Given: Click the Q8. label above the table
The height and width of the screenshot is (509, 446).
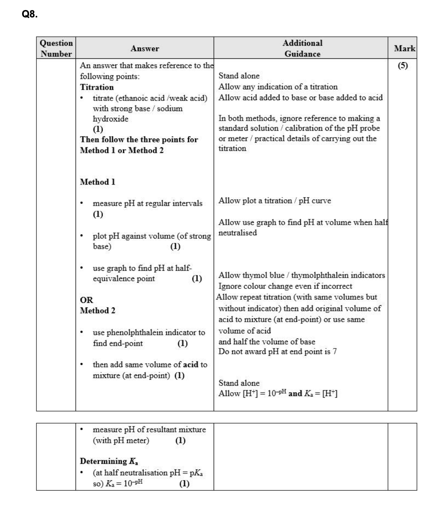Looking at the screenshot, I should (29, 14).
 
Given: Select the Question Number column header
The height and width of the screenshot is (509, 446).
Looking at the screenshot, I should (56, 48).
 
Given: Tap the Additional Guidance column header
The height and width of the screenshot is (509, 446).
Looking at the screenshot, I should (302, 48).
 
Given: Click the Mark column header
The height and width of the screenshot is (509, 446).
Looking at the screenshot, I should (404, 48).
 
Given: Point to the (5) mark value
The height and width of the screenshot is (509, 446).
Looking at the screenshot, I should (403, 65).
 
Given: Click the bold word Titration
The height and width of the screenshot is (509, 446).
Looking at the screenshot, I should (97, 87).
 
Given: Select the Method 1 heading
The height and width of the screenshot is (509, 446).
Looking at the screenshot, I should (98, 182).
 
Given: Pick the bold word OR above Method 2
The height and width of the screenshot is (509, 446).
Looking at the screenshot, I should (86, 300).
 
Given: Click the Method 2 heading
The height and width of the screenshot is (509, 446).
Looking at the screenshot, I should (98, 311).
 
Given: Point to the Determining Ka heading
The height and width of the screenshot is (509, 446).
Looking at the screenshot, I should (109, 461).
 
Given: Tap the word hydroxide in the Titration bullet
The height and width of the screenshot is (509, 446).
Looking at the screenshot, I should (110, 119).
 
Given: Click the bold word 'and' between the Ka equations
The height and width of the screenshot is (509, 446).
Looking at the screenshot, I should (295, 394).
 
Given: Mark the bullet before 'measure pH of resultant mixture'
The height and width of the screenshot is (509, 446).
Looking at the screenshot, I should (82, 430).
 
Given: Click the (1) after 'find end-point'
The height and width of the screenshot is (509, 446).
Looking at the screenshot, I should (182, 343).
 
